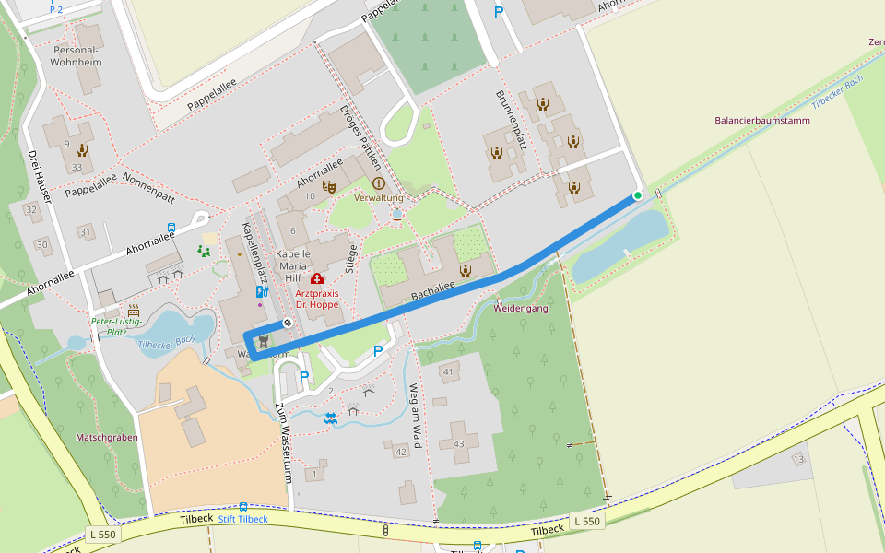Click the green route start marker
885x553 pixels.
pos(637,195)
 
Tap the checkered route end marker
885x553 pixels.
pos(288,323)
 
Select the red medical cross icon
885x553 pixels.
pos(317,278)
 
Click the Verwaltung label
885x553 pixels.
pos(379,198)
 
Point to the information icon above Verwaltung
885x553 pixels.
pos(378,183)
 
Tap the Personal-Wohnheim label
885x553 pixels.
pos(77,55)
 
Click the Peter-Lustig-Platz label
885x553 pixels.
pos(116,326)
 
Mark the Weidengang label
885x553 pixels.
pos(521,308)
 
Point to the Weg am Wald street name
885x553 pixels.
pos(416,417)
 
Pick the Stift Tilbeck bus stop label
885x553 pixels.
pos(242,519)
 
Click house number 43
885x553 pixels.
pos(459,445)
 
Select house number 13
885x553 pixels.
pos(798,459)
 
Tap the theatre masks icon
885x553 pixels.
pos(327,186)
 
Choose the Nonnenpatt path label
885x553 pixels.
pos(148,177)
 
